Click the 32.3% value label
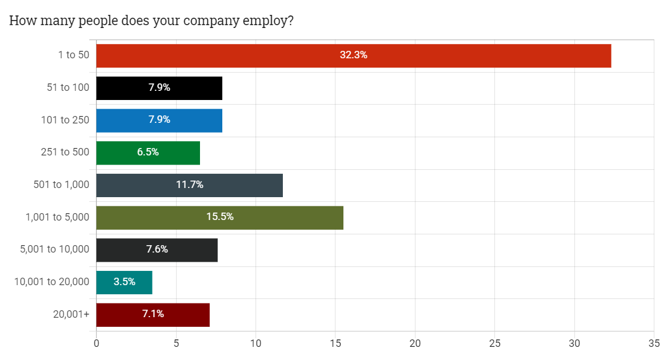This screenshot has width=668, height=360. (x=353, y=55)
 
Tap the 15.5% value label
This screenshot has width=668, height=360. (x=220, y=217)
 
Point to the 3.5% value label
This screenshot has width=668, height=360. (x=125, y=282)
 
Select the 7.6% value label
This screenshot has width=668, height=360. (x=157, y=250)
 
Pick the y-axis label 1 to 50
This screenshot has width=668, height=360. (x=73, y=55)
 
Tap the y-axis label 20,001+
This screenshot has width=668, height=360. (x=72, y=314)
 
